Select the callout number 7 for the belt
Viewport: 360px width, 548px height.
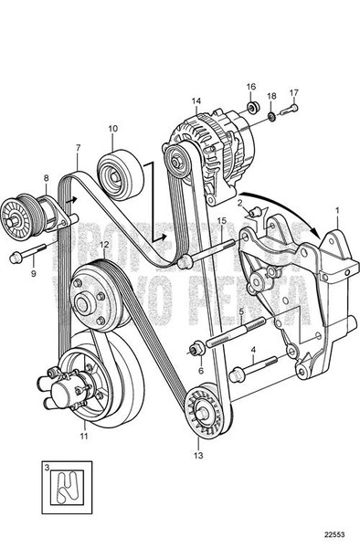click(x=78, y=147)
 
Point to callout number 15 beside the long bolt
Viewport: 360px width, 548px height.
click(x=221, y=221)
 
